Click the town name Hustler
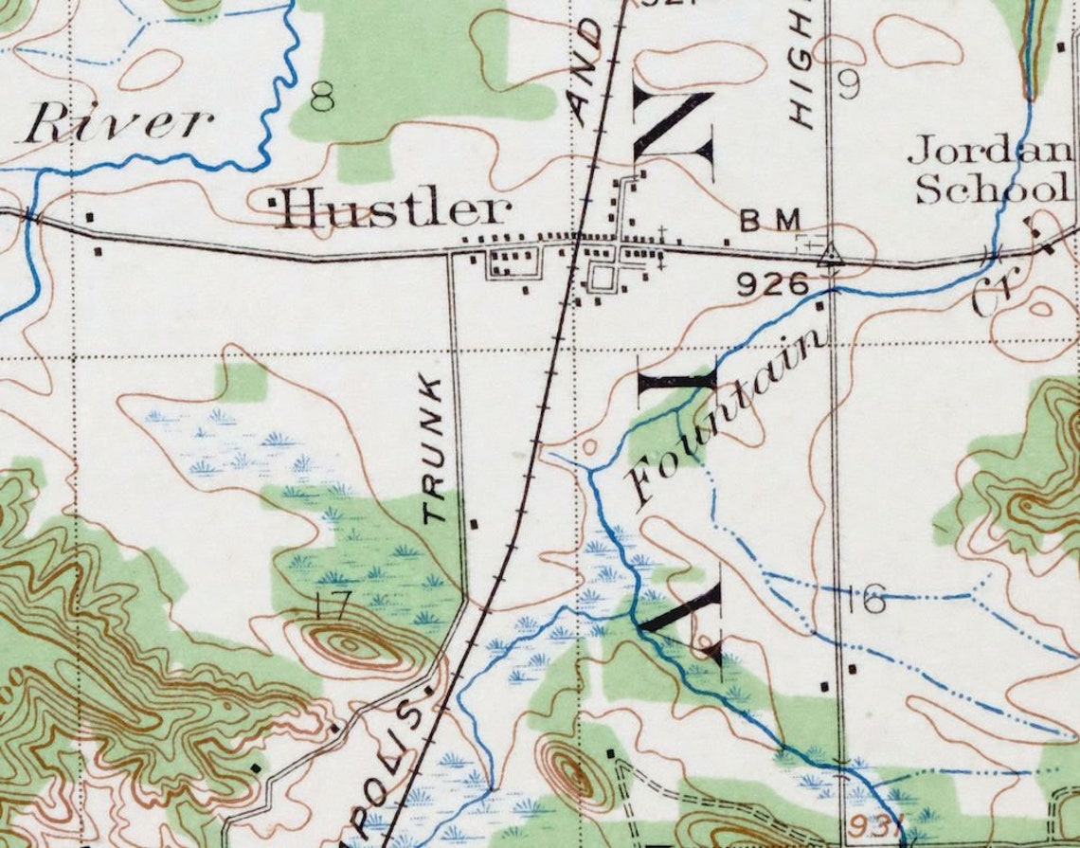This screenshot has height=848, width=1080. (x=393, y=209)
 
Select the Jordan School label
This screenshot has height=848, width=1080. (x=990, y=171)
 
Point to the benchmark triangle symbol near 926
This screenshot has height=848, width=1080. (x=831, y=253)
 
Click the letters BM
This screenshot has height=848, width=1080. (x=770, y=221)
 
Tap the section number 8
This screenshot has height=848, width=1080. (x=322, y=96)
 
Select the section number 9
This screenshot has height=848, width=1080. (x=848, y=86)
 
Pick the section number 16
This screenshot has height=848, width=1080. (x=865, y=599)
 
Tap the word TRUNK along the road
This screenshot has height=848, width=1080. (x=434, y=449)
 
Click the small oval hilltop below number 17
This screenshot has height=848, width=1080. (x=351, y=644)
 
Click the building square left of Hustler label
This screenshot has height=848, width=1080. (x=273, y=201)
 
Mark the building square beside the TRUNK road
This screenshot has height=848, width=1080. (x=474, y=522)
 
